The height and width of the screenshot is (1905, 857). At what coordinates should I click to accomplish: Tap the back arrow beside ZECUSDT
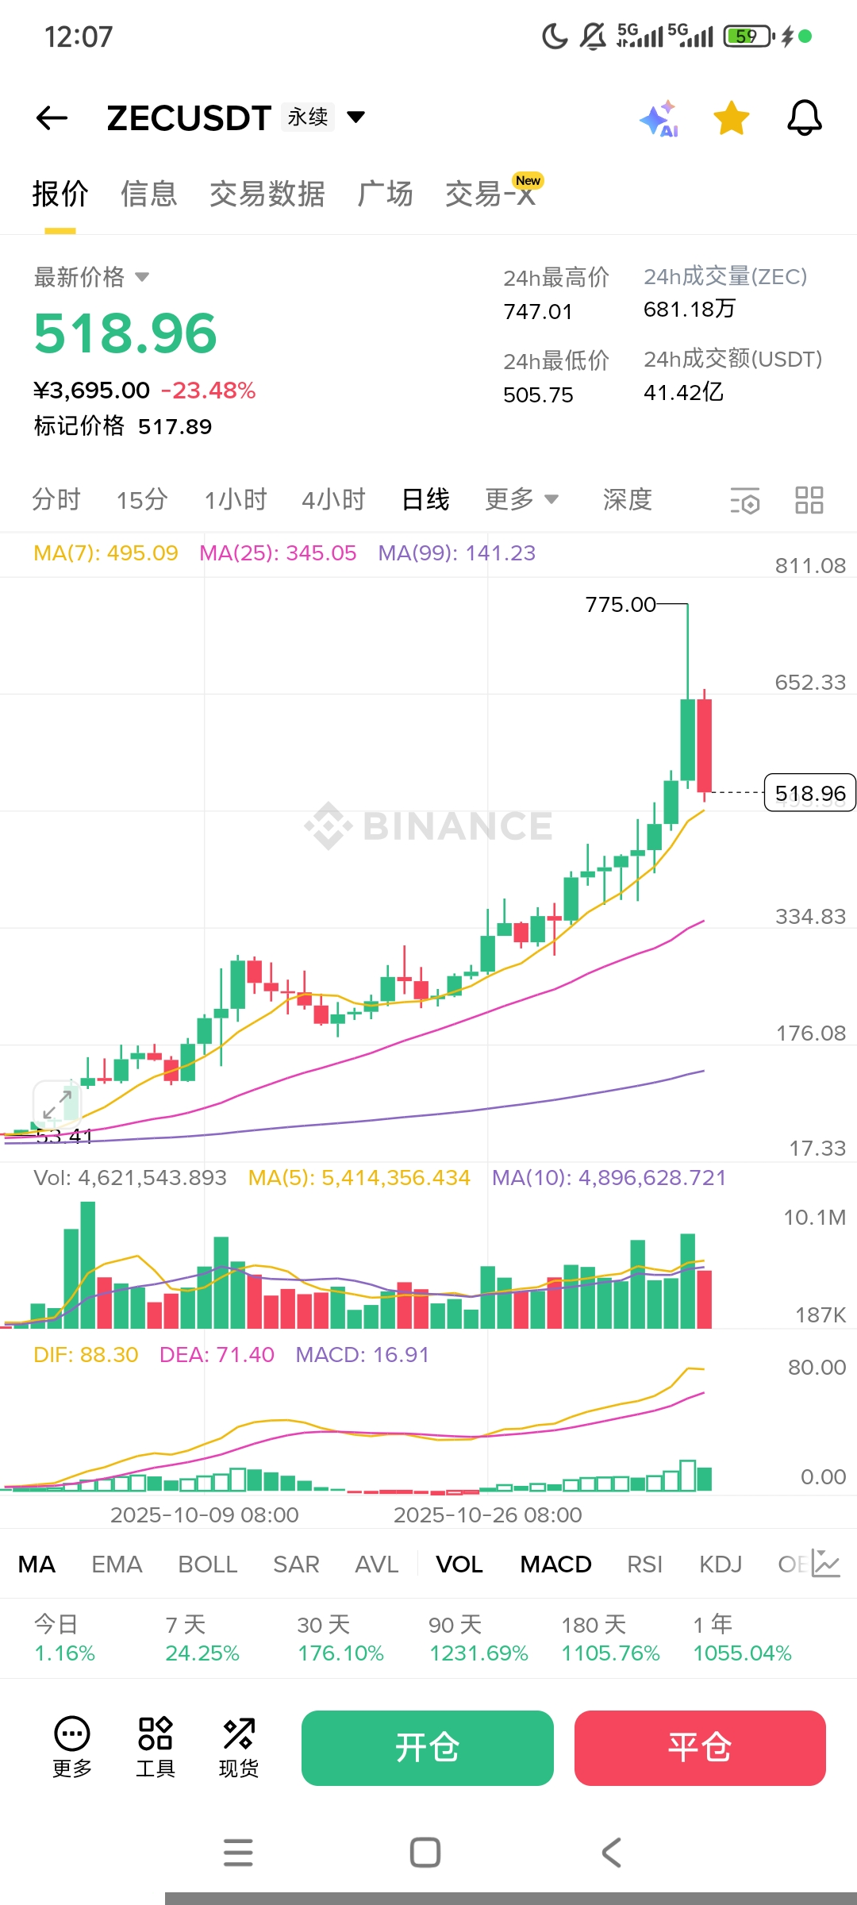(x=52, y=118)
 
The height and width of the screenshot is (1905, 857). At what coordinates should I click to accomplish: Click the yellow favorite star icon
(x=731, y=118)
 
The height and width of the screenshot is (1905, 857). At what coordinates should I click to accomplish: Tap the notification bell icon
(x=804, y=118)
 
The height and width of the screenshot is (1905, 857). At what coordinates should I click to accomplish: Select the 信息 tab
(x=148, y=194)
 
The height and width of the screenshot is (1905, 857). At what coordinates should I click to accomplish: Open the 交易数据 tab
(x=267, y=194)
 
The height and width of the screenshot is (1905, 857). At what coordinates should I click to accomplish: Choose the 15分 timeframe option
(x=142, y=499)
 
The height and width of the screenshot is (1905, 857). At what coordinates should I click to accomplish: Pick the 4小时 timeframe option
(x=333, y=499)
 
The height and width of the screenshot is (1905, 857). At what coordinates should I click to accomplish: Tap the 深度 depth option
(x=627, y=499)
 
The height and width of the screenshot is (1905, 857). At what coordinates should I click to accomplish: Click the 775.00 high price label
(x=621, y=605)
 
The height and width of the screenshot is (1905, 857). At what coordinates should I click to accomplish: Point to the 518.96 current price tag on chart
(x=809, y=793)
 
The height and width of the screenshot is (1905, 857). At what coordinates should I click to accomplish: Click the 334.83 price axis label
(x=810, y=917)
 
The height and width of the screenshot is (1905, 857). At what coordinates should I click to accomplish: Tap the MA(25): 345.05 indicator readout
(x=278, y=553)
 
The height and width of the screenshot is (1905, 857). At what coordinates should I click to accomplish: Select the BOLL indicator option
(x=208, y=1564)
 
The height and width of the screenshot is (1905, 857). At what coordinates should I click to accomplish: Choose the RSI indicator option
(x=644, y=1564)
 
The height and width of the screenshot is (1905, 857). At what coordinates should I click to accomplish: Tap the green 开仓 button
(x=427, y=1748)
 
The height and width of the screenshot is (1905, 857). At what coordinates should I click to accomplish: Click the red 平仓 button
(x=700, y=1748)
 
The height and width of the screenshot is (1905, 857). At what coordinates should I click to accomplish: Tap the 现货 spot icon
(x=239, y=1747)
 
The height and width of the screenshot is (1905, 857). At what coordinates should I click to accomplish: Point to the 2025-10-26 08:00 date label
(x=488, y=1515)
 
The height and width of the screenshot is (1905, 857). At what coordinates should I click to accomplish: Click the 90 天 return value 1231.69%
(x=478, y=1653)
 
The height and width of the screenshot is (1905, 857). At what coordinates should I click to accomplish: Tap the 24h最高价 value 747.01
(x=538, y=312)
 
